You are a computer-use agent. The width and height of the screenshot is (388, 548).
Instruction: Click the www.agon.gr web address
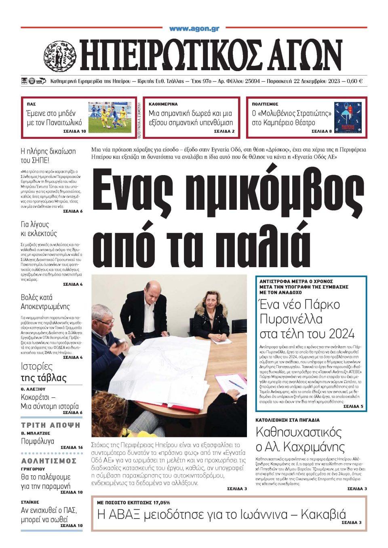coord(194,29)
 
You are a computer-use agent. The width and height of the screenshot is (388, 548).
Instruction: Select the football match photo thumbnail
coord(110,117)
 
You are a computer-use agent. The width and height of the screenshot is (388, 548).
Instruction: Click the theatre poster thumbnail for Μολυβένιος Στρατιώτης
coord(348,117)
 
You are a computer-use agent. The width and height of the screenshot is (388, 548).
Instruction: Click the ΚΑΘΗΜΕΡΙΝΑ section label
coord(163,104)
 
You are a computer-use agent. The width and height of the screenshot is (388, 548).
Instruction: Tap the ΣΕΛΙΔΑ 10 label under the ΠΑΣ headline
coord(75,132)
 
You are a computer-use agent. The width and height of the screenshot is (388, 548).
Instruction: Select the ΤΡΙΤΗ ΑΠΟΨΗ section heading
coord(51,425)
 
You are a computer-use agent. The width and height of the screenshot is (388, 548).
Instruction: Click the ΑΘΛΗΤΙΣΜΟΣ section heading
coord(49,461)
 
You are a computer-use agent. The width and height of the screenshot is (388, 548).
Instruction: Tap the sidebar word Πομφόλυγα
coord(38,441)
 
